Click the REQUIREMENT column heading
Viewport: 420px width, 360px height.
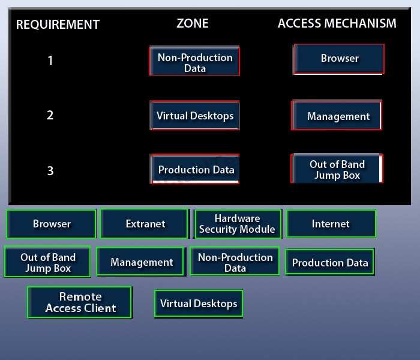(x=58, y=25)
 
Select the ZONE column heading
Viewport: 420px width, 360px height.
(x=193, y=23)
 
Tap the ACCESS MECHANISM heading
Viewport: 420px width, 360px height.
(x=337, y=23)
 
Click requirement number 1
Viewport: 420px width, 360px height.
(x=50, y=60)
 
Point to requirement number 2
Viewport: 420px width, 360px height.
(x=50, y=115)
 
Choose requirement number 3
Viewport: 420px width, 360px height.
(x=50, y=170)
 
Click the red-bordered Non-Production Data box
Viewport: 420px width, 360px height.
(x=194, y=61)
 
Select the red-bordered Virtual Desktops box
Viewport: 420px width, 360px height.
(x=195, y=115)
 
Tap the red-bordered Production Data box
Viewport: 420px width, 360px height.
(x=195, y=169)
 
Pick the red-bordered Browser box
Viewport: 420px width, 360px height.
(x=339, y=59)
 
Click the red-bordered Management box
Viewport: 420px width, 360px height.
(x=337, y=115)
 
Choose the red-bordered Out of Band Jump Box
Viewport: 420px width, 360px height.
(x=337, y=169)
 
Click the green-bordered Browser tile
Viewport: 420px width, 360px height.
(x=52, y=224)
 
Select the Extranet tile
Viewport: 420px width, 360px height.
(x=145, y=224)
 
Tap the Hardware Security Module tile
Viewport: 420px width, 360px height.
(x=238, y=224)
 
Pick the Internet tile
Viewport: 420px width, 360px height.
(x=331, y=224)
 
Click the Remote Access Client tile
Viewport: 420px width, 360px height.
(x=80, y=302)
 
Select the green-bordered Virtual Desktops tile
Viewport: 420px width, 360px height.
(x=199, y=304)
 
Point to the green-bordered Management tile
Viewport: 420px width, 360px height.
(x=141, y=262)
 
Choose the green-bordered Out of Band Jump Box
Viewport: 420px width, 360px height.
(x=47, y=262)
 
